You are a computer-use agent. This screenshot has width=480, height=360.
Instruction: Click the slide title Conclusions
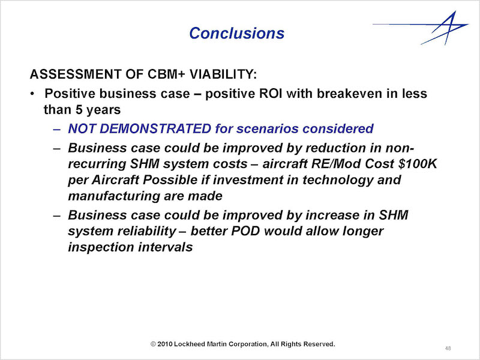(x=236, y=33)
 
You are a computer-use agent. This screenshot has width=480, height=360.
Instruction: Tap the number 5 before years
(x=80, y=110)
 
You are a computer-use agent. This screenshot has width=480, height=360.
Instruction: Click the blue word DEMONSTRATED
(x=155, y=128)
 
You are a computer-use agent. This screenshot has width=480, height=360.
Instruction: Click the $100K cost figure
(x=418, y=164)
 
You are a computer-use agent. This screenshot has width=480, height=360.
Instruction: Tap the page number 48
(x=448, y=349)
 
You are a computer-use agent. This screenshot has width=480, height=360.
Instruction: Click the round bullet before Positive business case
(x=32, y=94)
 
